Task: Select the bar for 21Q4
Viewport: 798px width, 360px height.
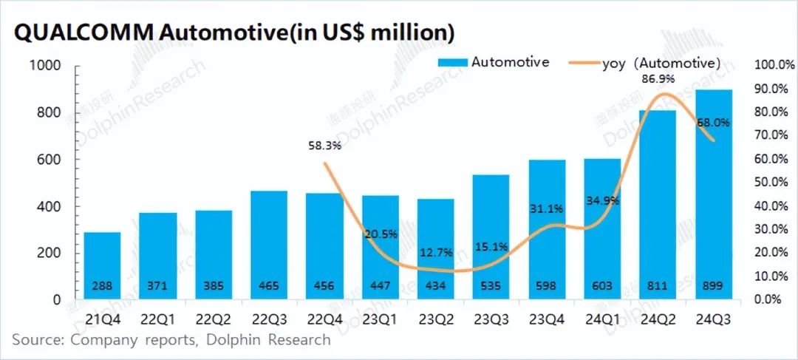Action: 102,265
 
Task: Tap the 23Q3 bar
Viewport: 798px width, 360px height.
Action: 491,237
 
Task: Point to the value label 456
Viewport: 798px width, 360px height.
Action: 324,285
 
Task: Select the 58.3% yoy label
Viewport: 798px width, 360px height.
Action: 324,146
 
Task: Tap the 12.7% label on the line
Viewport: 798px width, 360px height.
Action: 435,252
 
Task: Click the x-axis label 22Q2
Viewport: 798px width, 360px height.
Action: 214,319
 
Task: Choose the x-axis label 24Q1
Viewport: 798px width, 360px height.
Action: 601,319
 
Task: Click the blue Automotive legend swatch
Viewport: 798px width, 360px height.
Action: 451,62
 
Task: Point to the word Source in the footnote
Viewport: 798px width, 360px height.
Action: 35,340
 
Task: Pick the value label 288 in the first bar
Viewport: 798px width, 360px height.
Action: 102,285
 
